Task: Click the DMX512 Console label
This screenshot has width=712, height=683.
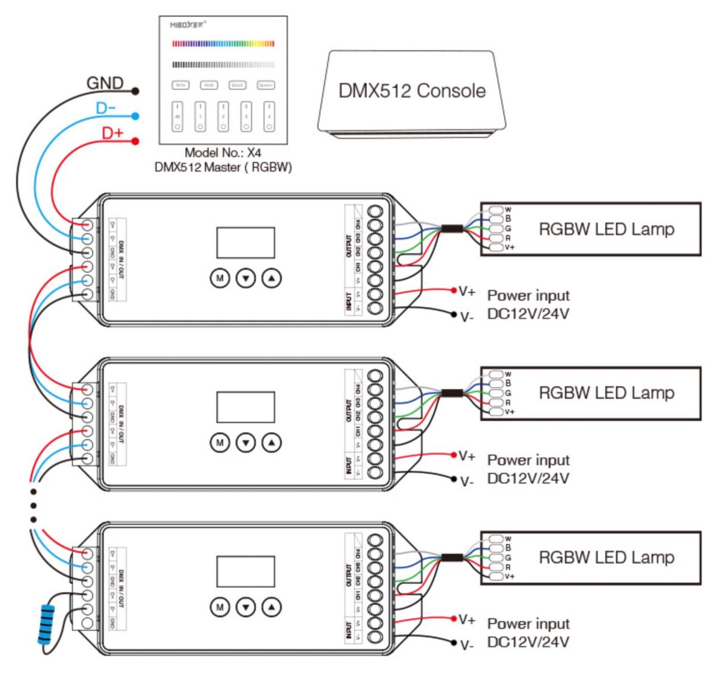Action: [x=412, y=91]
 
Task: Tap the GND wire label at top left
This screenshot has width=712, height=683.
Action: [x=105, y=83]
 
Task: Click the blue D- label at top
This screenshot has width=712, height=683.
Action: [x=106, y=109]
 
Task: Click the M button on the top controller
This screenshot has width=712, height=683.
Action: [x=220, y=278]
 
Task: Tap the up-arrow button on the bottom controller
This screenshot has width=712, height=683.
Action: [x=272, y=606]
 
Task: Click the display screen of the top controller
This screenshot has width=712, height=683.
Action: [x=245, y=242]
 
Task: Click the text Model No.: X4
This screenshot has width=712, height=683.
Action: [x=223, y=153]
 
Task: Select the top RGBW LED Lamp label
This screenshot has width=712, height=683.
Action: [x=606, y=229]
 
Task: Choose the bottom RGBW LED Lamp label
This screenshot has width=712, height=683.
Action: [x=606, y=557]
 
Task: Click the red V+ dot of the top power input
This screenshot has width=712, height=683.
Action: [x=454, y=290]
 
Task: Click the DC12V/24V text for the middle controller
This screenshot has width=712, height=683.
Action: [x=528, y=478]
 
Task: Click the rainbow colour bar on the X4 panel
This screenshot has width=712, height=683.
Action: [x=223, y=43]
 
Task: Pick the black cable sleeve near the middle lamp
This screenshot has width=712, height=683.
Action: [x=452, y=393]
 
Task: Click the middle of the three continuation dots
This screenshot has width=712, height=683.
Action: [x=33, y=506]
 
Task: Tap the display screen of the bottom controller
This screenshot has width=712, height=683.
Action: [x=245, y=571]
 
